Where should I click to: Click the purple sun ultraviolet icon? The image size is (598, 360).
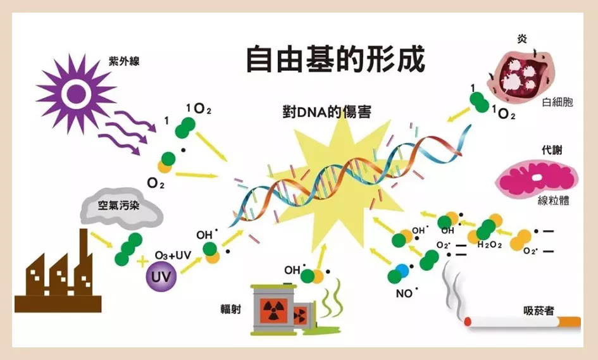click(75, 94)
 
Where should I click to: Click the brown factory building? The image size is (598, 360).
click(58, 279)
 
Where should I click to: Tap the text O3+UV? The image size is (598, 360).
click(173, 255)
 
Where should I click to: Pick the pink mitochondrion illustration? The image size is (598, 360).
click(537, 177)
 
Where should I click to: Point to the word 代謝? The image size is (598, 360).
click(551, 151)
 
